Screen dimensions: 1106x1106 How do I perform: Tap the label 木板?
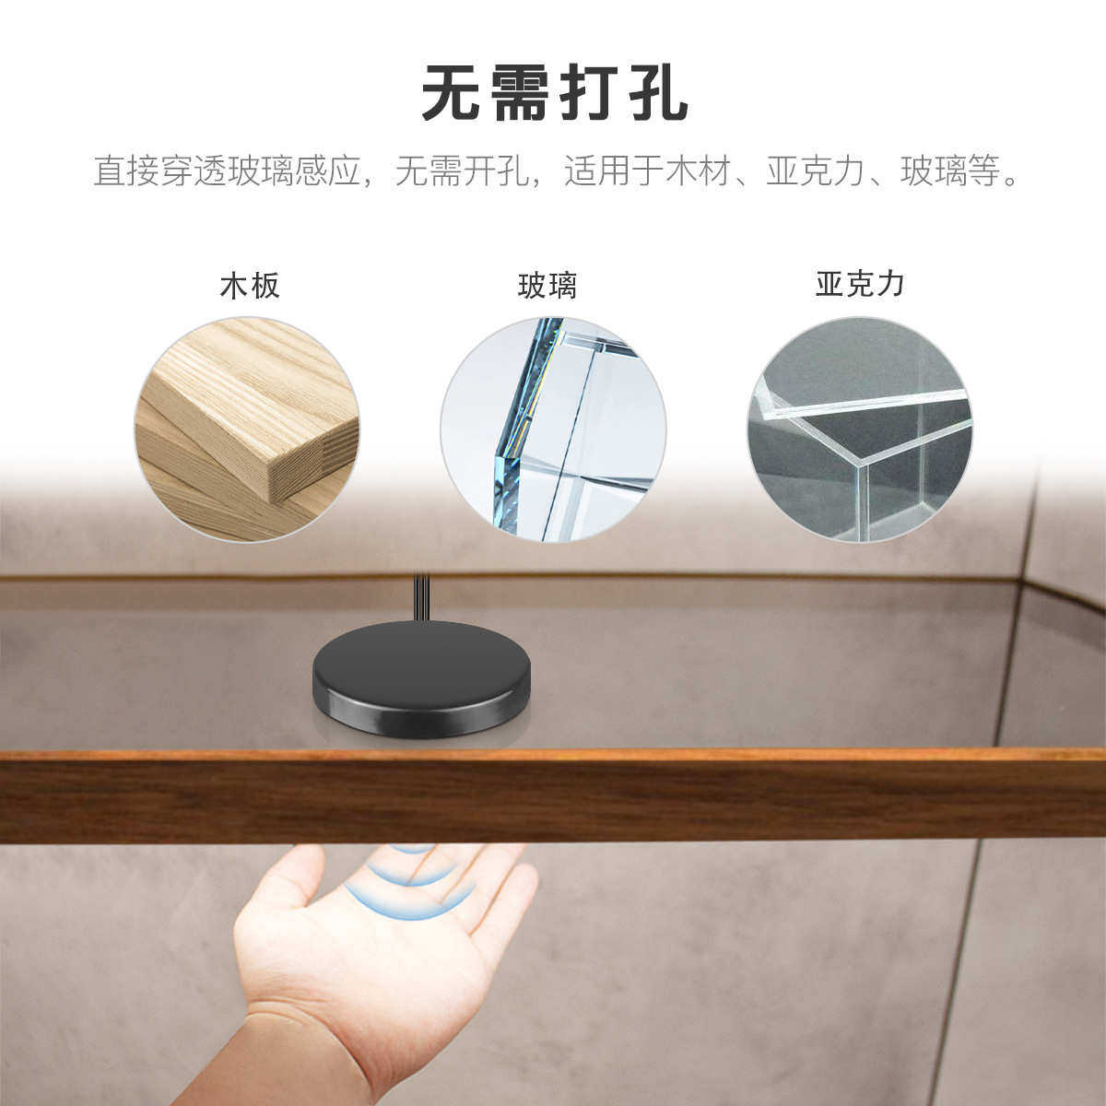(249, 286)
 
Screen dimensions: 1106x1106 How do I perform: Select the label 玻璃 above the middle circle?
(547, 286)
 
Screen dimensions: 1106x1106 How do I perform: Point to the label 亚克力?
(860, 284)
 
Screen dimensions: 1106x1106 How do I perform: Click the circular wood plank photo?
(247, 429)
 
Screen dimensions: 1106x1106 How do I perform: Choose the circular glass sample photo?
(553, 429)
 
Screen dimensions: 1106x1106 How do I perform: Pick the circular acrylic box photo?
(859, 429)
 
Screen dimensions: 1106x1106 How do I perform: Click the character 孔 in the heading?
(655, 93)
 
